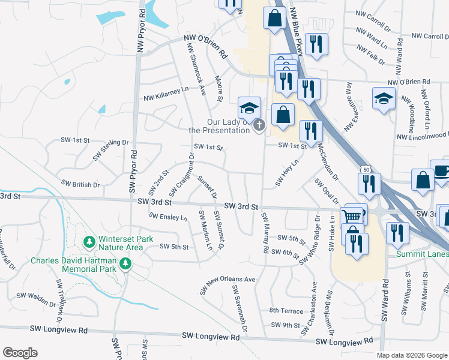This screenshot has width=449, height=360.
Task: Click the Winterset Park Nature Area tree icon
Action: [x=89, y=242]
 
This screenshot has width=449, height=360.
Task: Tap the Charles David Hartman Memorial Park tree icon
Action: [x=125, y=263]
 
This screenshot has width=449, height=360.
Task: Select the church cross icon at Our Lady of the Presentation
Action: [x=259, y=125]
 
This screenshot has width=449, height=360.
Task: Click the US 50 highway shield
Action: [x=366, y=170]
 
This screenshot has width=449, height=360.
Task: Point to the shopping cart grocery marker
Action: [x=351, y=216]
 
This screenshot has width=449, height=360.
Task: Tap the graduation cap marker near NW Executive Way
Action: [x=384, y=98]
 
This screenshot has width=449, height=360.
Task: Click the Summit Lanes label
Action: [x=422, y=254]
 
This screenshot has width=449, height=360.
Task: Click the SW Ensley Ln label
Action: [x=169, y=216]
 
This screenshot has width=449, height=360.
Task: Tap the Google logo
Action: [x=20, y=353]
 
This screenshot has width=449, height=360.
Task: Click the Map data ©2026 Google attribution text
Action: [x=412, y=355]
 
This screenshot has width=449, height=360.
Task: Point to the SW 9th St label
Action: [x=285, y=325]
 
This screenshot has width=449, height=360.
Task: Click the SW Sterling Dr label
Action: [x=111, y=149]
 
